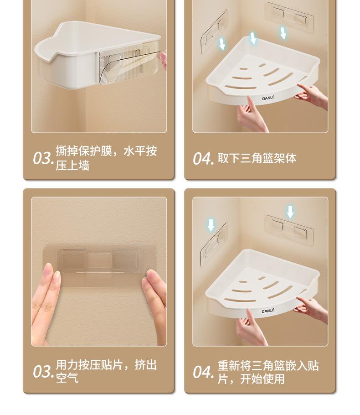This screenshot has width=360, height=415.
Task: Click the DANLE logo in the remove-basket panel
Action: (x=268, y=98)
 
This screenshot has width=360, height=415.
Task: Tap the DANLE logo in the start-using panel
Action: (x=268, y=311)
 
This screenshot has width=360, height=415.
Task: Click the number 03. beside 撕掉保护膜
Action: (x=43, y=158)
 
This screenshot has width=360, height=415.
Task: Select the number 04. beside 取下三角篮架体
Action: (x=203, y=158)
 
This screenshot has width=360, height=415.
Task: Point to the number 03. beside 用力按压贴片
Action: (x=43, y=371)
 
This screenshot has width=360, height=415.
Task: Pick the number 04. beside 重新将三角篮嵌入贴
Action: (x=203, y=372)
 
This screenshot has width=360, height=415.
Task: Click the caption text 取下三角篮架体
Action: (x=257, y=158)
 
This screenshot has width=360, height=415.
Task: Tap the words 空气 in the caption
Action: (x=67, y=378)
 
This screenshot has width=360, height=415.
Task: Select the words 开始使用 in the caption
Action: (x=262, y=379)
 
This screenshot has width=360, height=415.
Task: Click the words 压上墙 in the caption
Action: (x=72, y=166)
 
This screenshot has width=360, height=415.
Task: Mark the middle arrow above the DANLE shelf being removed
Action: (x=253, y=38)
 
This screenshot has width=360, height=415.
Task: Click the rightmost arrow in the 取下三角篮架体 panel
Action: (x=283, y=33)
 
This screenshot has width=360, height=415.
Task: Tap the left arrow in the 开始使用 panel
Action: (x=211, y=225)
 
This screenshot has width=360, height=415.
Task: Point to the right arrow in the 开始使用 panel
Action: (x=290, y=212)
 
